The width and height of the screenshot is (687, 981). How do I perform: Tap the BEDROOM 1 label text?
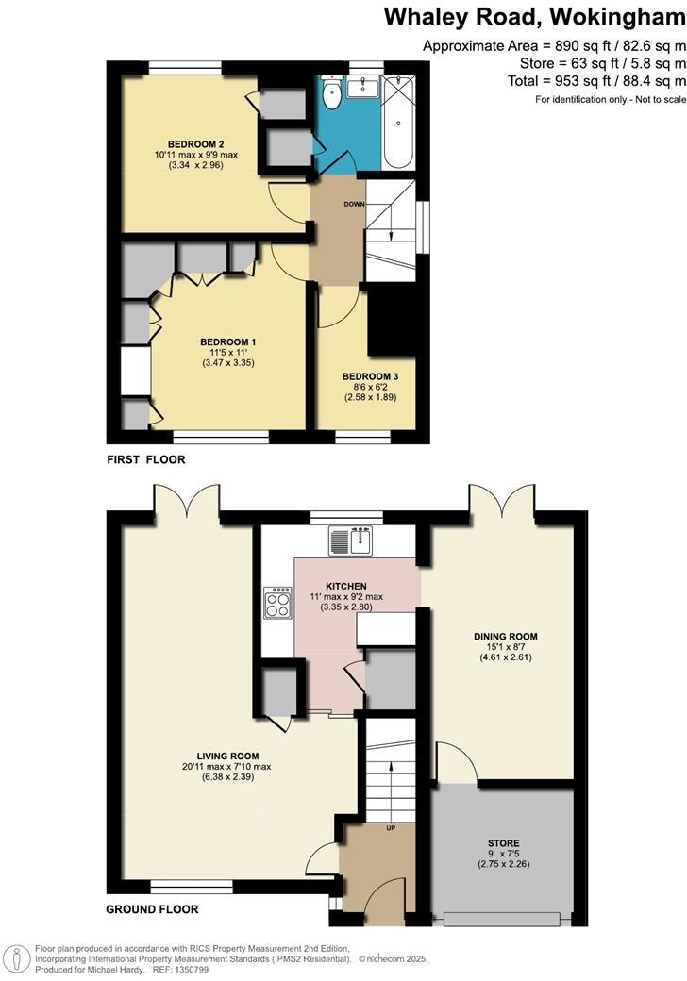coord(227,341)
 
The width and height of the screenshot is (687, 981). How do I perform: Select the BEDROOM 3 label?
coord(370,375)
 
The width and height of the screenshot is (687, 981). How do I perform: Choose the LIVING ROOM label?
coord(227,755)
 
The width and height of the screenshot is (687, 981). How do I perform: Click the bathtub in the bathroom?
coord(397,123)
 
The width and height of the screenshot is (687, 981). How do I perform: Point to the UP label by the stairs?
coord(389,827)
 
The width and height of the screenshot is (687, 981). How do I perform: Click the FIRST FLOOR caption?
coord(146,459)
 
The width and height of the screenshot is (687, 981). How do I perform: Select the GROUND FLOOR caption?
coord(151,909)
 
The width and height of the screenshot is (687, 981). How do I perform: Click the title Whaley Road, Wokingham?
coord(533,16)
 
